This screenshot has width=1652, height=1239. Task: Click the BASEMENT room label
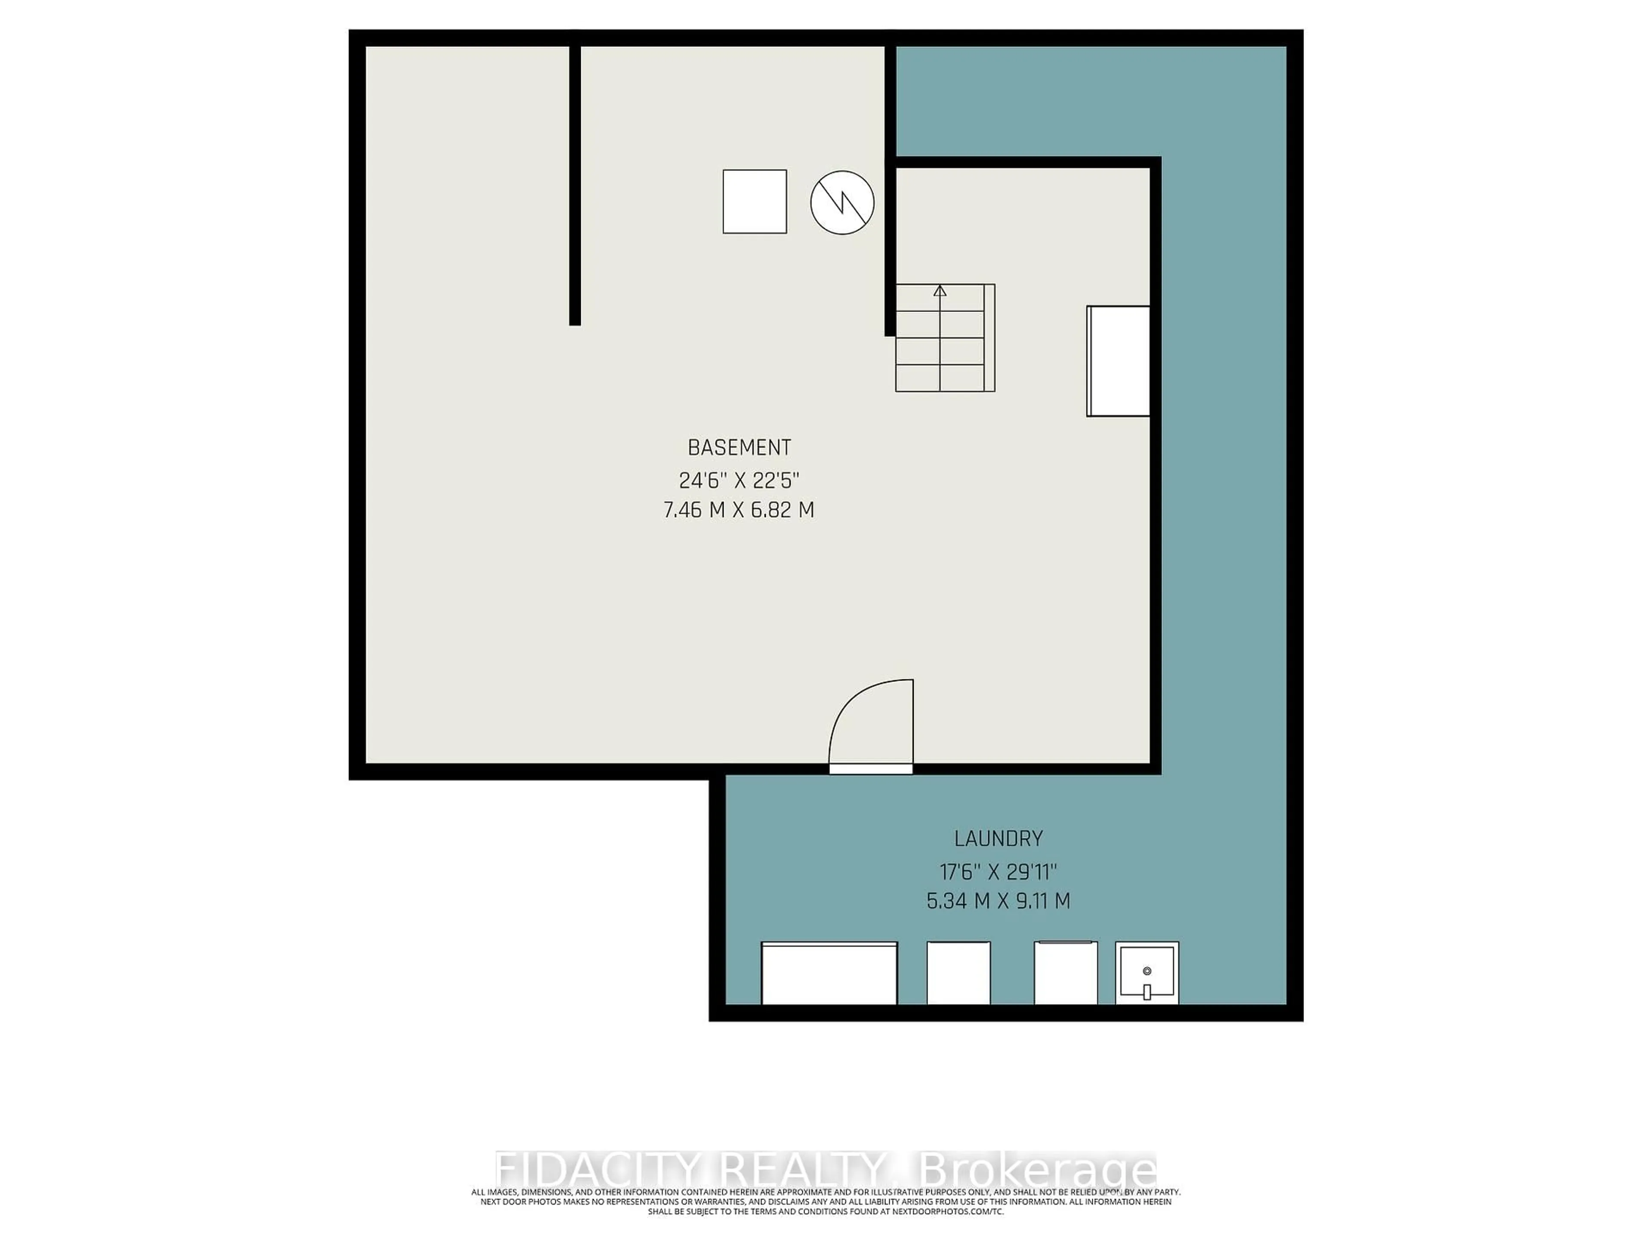click(739, 447)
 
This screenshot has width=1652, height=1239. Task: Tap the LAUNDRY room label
click(999, 839)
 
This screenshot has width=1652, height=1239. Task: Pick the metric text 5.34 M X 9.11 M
click(999, 901)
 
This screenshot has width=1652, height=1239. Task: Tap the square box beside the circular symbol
click(754, 202)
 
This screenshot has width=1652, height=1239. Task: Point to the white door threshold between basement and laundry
click(871, 768)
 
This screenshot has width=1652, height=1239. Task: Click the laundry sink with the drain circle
click(1147, 973)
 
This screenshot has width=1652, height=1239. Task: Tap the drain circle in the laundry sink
click(1147, 971)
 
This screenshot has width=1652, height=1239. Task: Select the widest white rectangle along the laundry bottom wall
click(829, 973)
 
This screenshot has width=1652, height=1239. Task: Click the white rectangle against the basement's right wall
click(1118, 361)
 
